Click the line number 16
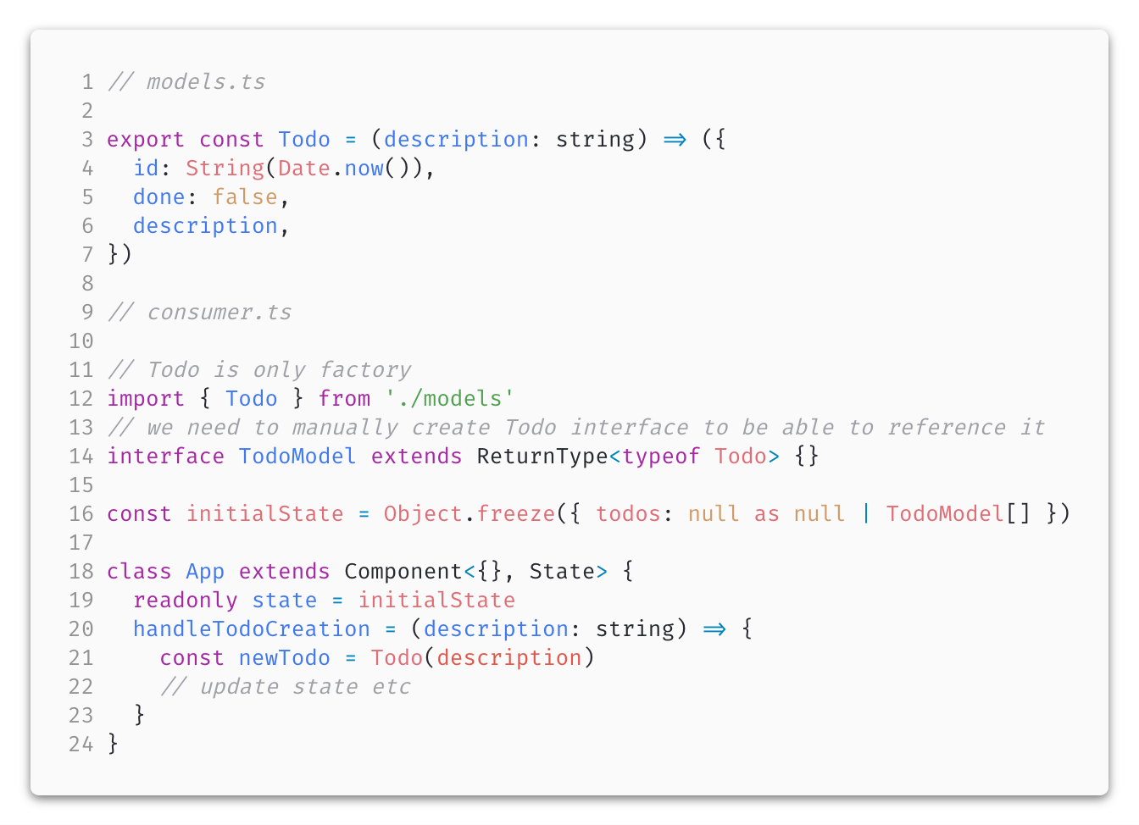[81, 514]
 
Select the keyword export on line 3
[146, 140]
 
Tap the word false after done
[245, 197]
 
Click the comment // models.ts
[186, 82]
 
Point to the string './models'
[449, 399]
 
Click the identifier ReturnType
[542, 457]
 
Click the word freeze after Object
[515, 514]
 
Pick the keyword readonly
[186, 601]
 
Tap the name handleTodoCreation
[252, 629]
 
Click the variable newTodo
[284, 658]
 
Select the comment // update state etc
[285, 687]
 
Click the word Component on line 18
[403, 572]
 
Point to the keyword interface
[165, 457]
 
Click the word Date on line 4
[303, 169]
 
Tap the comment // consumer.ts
[200, 313]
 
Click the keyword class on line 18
[139, 572]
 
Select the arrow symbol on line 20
[714, 629]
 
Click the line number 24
[81, 745]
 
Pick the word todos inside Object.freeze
[628, 514]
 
